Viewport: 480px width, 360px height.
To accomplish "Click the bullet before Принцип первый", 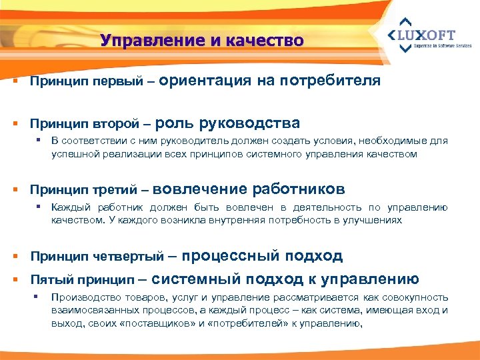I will point(14,82).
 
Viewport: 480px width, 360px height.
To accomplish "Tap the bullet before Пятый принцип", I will point(14,280).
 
